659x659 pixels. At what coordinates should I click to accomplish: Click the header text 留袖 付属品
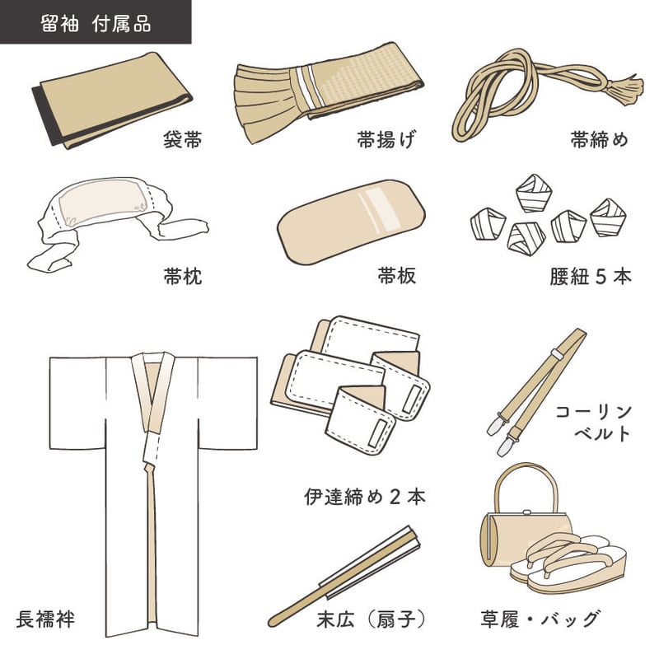coord(96,22)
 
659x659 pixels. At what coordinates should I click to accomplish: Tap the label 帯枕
coord(182,277)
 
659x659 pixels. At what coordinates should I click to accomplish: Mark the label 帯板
coord(396,277)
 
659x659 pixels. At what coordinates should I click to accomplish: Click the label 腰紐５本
coord(590,277)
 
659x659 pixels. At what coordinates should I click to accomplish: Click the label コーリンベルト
coord(592,422)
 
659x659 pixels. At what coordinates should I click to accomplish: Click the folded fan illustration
coord(346,577)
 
